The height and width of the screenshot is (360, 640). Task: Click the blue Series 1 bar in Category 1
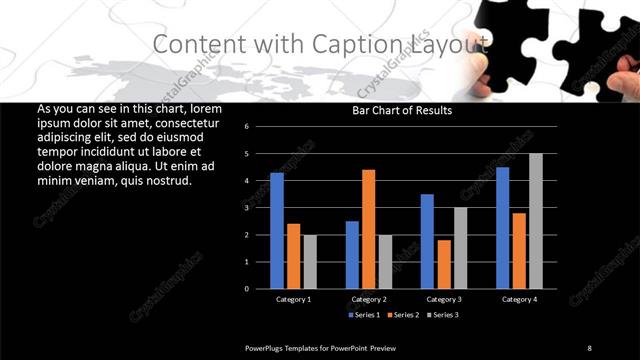pyautogui.click(x=277, y=231)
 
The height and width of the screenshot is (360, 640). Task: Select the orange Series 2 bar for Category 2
pyautogui.click(x=369, y=229)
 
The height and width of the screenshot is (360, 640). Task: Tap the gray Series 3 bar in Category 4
pyautogui.click(x=536, y=221)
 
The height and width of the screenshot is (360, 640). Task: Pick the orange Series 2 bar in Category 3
pyautogui.click(x=444, y=264)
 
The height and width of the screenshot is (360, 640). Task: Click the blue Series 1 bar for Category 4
pyautogui.click(x=502, y=228)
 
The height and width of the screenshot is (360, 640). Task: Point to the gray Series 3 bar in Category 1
pyautogui.click(x=310, y=262)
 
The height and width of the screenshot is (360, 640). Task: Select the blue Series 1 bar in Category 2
pyautogui.click(x=352, y=255)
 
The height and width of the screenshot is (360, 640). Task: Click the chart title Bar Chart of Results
pyautogui.click(x=401, y=111)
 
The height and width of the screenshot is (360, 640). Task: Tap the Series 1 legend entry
pyautogui.click(x=364, y=315)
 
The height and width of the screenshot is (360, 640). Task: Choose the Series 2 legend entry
pyautogui.click(x=403, y=315)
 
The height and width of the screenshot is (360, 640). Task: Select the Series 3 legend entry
pyautogui.click(x=442, y=315)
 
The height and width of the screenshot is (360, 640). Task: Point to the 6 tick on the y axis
pyautogui.click(x=260, y=127)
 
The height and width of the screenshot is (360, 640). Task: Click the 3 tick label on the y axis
pyautogui.click(x=260, y=208)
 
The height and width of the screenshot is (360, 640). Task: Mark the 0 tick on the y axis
pyautogui.click(x=260, y=289)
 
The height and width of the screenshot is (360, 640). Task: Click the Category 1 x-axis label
pyautogui.click(x=293, y=299)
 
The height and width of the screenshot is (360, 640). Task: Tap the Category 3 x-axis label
pyautogui.click(x=444, y=299)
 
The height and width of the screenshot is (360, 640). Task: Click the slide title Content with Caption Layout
pyautogui.click(x=321, y=44)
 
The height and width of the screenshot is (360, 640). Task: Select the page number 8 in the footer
pyautogui.click(x=589, y=347)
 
